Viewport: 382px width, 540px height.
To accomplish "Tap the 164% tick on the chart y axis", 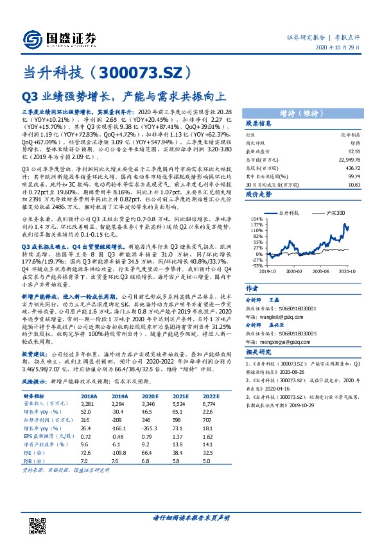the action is click(x=254, y=219).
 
